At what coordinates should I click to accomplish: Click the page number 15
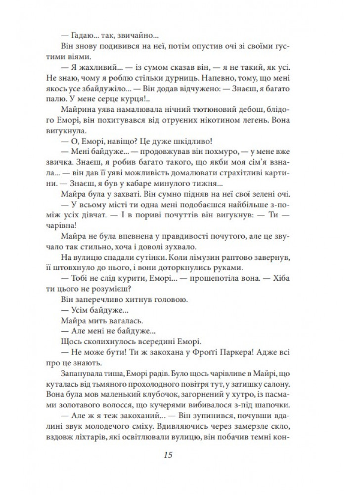[x=180, y=453]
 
